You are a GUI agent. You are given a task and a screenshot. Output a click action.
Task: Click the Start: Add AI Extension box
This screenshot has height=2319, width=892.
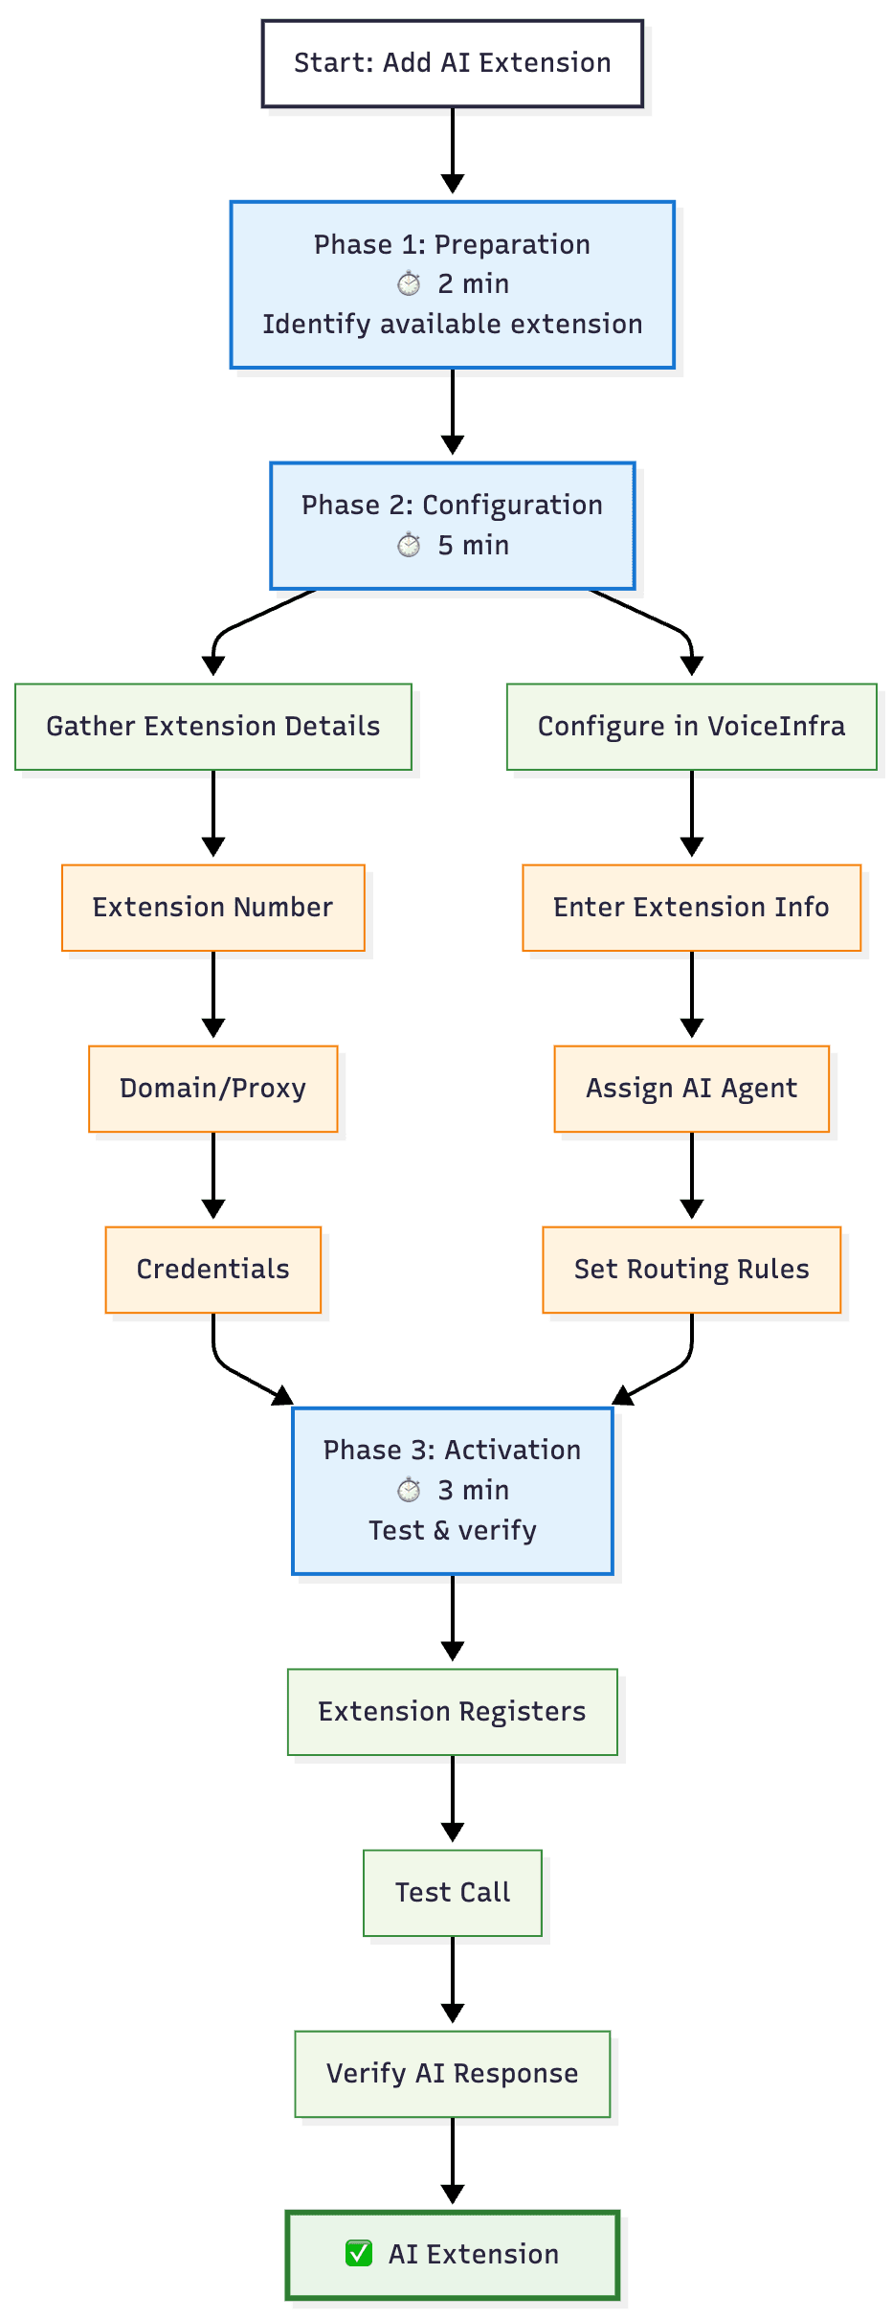[452, 63]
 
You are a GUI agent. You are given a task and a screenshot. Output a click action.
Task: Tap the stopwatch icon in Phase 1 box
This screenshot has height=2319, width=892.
[409, 283]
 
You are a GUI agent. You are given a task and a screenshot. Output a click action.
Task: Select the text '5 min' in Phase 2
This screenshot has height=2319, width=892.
[473, 546]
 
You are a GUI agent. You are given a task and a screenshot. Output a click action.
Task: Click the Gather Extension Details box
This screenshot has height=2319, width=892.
[213, 727]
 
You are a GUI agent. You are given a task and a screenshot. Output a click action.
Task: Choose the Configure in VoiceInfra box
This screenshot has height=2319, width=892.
[691, 727]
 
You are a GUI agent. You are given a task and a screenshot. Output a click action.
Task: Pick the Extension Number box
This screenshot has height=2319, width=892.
[212, 908]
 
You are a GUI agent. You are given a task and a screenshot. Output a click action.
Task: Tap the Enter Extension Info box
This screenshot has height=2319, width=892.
[691, 908]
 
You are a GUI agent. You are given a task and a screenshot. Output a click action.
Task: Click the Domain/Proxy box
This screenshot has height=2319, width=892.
[212, 1089]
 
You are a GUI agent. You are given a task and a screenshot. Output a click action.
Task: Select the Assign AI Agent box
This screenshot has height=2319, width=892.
[691, 1089]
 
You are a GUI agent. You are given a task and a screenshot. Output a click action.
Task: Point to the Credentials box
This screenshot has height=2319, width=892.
[212, 1270]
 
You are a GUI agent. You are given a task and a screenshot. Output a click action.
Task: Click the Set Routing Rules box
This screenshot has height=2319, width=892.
[691, 1270]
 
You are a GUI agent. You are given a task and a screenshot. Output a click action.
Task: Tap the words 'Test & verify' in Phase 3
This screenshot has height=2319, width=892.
[453, 1531]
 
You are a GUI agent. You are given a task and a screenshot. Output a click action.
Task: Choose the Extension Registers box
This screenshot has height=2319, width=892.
[452, 1712]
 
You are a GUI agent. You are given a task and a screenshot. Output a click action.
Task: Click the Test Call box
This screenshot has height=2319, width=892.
[453, 1893]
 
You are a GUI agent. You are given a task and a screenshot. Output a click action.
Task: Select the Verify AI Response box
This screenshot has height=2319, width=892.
[452, 2074]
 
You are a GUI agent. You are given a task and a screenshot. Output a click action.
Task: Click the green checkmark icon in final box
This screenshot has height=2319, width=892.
[359, 2254]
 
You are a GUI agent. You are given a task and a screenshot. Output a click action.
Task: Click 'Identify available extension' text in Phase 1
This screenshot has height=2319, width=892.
[452, 325]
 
